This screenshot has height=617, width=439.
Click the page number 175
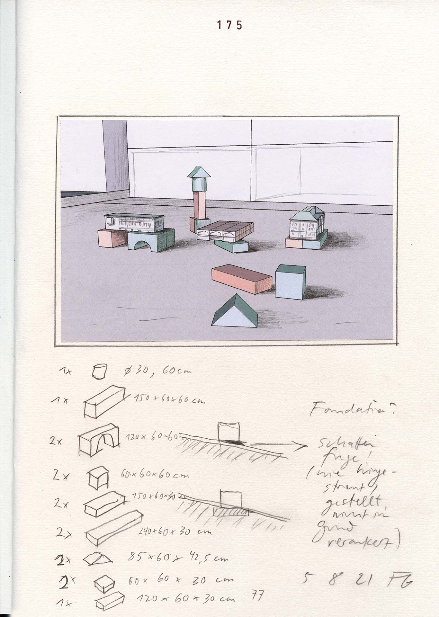[x=229, y=25]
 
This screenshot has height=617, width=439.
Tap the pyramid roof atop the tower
[x=199, y=172]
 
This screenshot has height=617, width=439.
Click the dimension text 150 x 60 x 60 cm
[x=169, y=400]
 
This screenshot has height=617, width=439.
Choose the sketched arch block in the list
[x=99, y=439]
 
